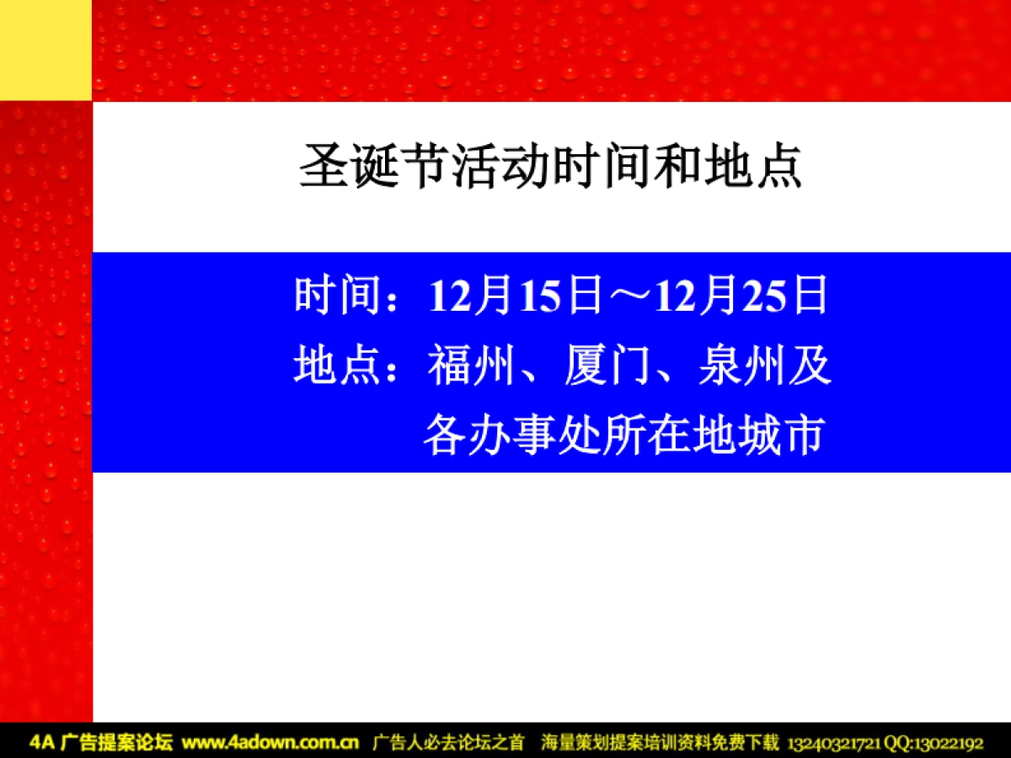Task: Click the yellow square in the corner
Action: pos(45,50)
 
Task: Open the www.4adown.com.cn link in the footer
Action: pos(270,743)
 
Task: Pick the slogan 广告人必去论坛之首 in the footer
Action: pos(448,743)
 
